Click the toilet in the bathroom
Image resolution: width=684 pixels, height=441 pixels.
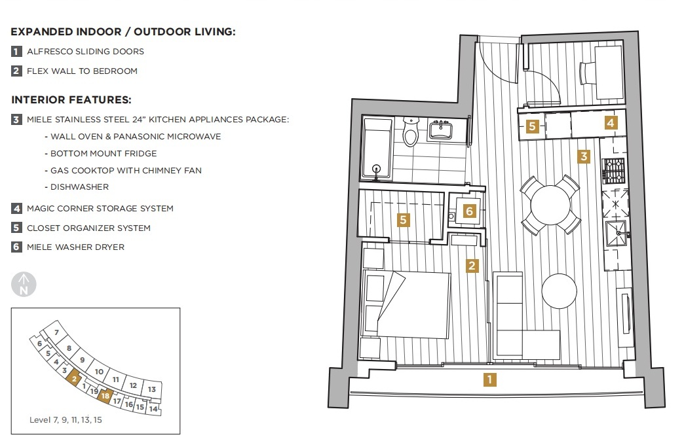(x=411, y=131)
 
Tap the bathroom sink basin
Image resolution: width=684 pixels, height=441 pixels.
(x=440, y=130)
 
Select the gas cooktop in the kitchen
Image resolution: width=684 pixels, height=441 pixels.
(x=614, y=170)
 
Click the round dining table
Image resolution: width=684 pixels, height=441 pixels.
(x=550, y=205)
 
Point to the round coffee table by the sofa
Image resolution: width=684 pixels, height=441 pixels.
(x=560, y=291)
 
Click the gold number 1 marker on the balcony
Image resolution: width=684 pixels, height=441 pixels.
(x=490, y=379)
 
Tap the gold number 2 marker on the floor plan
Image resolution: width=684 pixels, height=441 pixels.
(x=472, y=266)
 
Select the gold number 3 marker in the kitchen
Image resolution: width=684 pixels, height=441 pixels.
(x=584, y=156)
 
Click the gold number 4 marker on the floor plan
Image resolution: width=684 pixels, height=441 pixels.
(x=611, y=123)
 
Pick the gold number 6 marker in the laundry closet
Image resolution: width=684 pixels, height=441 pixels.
(x=469, y=211)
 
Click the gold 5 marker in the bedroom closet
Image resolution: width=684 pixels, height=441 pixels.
(x=403, y=220)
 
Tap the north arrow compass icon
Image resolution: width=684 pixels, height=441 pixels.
(x=24, y=284)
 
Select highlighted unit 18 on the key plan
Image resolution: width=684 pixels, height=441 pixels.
(x=105, y=396)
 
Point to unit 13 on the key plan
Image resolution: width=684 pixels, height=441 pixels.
(x=152, y=389)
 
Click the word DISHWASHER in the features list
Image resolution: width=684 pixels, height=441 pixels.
(x=79, y=187)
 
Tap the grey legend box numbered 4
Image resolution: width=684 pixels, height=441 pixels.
(x=16, y=208)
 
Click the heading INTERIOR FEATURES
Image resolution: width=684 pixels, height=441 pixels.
(x=71, y=100)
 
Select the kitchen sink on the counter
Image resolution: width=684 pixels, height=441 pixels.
(x=617, y=234)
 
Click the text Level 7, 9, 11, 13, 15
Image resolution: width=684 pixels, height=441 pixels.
(x=66, y=419)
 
